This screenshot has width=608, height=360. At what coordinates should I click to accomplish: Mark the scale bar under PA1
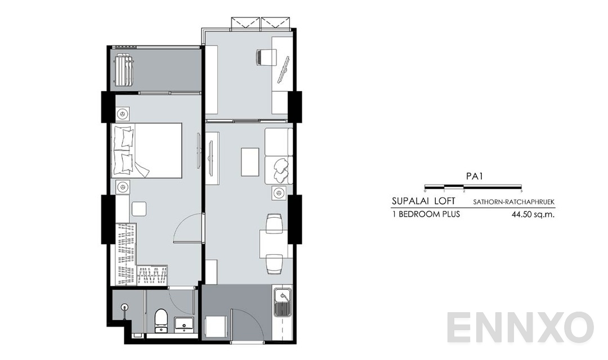click(x=473, y=186)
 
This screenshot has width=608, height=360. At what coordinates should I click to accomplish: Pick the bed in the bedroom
click(x=147, y=150)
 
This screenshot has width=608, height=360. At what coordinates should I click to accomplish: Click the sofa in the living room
click(x=279, y=155)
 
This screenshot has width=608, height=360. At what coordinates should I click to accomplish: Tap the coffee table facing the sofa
click(x=250, y=161)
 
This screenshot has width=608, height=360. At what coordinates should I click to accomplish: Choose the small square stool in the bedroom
click(x=139, y=209)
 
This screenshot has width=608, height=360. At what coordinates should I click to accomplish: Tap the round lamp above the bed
click(x=121, y=115)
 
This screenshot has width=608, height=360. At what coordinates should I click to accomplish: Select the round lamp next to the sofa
click(x=277, y=193)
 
